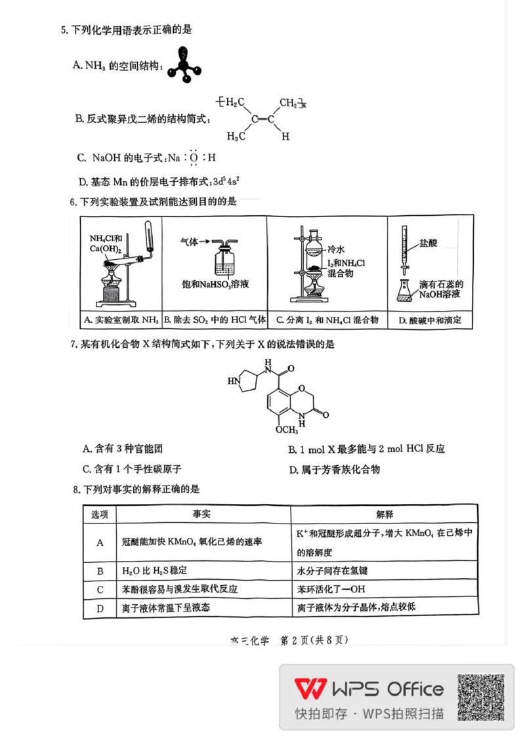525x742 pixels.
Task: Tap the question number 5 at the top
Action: tap(64, 30)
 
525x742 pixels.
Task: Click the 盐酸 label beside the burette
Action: tap(430, 243)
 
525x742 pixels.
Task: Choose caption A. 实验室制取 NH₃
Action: tap(121, 320)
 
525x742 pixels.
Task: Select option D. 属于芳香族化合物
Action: tap(334, 469)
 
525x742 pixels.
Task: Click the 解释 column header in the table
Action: tap(385, 514)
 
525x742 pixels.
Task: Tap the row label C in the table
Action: tap(100, 589)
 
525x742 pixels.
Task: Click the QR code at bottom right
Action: tap(480, 697)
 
